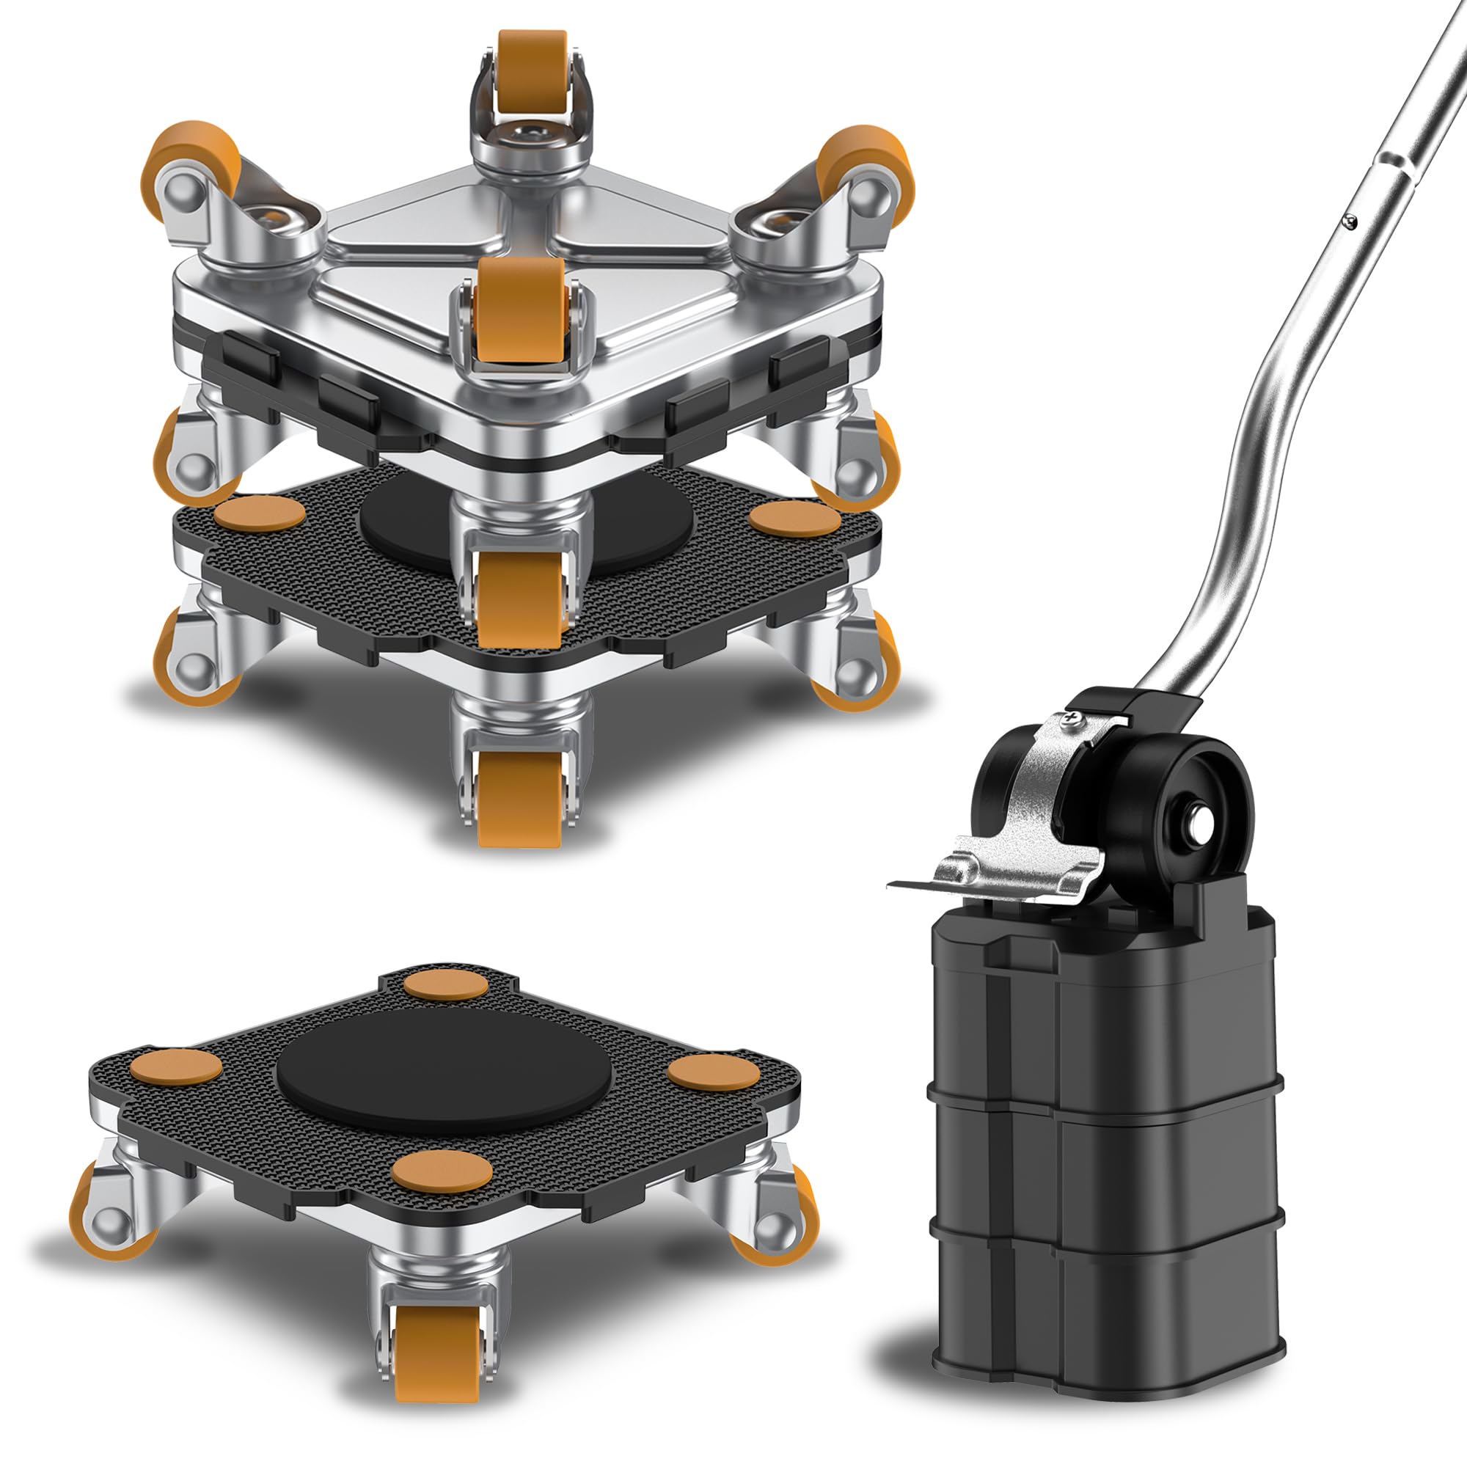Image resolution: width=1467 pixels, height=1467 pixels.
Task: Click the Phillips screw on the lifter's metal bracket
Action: click(x=1072, y=716)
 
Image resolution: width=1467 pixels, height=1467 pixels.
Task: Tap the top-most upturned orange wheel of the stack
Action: click(x=533, y=65)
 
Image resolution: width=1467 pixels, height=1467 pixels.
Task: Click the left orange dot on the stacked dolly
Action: click(x=260, y=514)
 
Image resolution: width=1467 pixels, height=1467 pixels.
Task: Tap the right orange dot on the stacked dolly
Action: click(x=795, y=518)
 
